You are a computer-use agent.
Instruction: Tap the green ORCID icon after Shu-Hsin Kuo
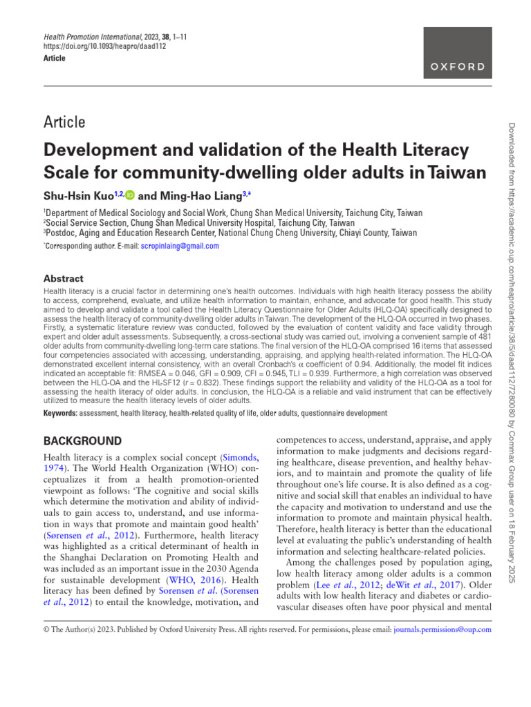point(129,196)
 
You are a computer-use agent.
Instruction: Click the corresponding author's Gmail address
point(180,246)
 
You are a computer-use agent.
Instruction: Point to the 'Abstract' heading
point(64,278)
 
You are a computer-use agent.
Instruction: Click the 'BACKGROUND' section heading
point(82,440)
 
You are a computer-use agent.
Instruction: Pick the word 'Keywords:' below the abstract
point(60,414)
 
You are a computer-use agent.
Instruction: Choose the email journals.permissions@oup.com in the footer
point(442,629)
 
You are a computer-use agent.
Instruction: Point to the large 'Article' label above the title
point(64,122)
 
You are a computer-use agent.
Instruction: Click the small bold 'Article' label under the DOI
point(55,59)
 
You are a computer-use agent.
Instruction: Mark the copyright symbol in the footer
point(46,629)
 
